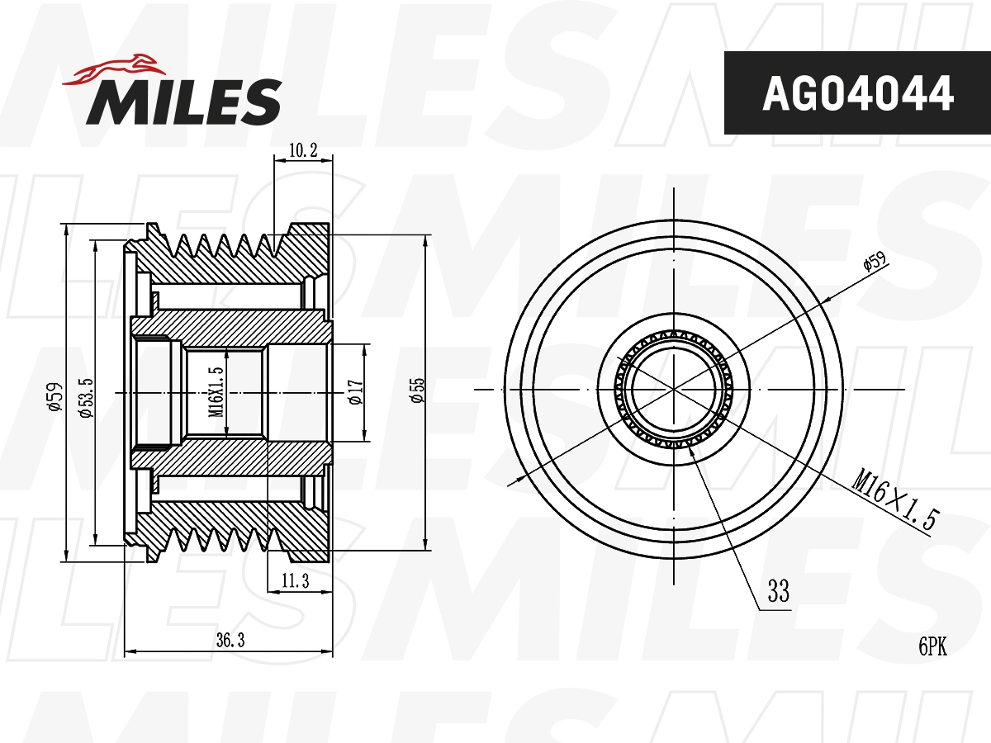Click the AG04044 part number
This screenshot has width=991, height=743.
(x=857, y=93)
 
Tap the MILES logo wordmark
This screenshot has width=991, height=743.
(x=183, y=102)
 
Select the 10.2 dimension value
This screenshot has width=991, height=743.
(x=303, y=150)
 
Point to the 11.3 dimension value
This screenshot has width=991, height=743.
(x=295, y=582)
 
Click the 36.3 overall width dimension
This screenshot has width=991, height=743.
(x=229, y=640)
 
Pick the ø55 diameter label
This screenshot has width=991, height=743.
(x=418, y=390)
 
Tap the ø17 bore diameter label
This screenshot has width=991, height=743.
(x=355, y=391)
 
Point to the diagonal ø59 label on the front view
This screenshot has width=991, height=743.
(x=874, y=263)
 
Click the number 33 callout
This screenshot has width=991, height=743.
(x=778, y=592)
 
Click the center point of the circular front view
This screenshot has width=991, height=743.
(x=675, y=389)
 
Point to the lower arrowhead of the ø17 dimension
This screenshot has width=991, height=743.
(x=364, y=438)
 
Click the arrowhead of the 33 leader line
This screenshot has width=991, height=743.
(x=691, y=445)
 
